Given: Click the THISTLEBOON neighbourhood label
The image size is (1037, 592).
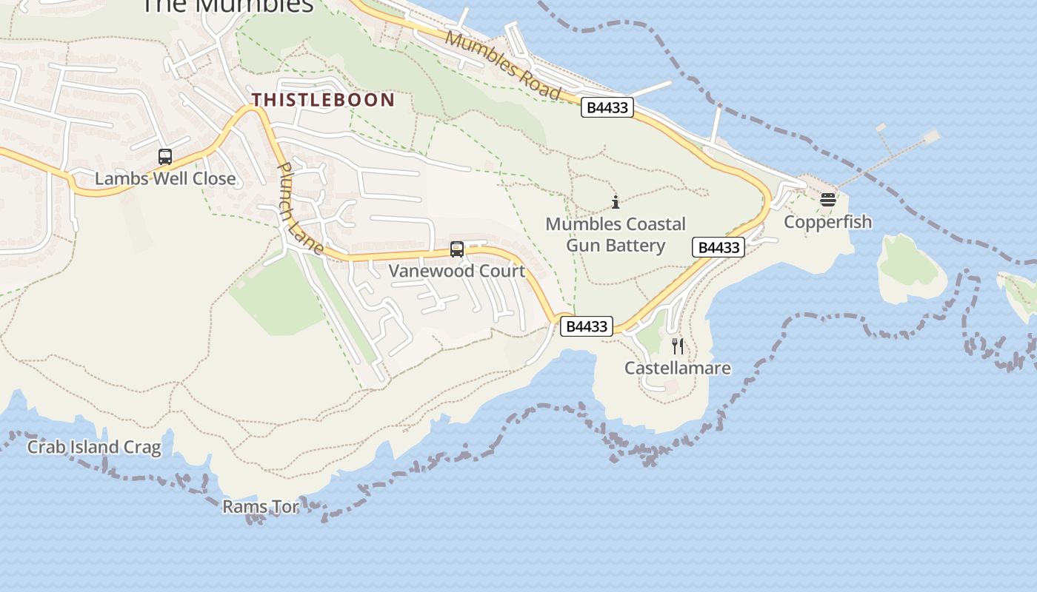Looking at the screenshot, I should point(323,100).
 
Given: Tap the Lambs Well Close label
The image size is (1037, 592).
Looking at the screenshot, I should point(165,178).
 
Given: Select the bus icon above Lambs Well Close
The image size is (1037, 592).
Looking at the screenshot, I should point(165,157).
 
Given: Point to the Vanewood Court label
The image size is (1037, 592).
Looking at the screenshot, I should point(457,271).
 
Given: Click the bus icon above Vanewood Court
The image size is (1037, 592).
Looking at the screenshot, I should point(457,249).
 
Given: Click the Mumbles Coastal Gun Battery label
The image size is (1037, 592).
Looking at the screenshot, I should point(616,234).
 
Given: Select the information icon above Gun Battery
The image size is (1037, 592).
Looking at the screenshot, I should point(616,201).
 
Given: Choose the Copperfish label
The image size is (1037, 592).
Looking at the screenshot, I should point(827,222).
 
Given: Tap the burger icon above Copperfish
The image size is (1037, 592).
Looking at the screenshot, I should point(827,200).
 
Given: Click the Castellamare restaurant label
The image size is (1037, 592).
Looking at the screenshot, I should point(677,368).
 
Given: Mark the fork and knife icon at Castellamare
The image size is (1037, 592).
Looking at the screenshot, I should point(677,346).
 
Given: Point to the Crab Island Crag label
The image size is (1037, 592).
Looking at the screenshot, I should point(94,447).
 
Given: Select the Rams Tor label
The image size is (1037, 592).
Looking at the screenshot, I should point(261,507).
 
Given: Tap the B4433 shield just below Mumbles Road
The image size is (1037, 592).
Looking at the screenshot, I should point(607,107).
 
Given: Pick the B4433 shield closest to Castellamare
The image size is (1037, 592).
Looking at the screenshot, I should point(586,326).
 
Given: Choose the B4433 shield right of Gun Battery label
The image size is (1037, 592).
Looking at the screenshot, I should point(718,247).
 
